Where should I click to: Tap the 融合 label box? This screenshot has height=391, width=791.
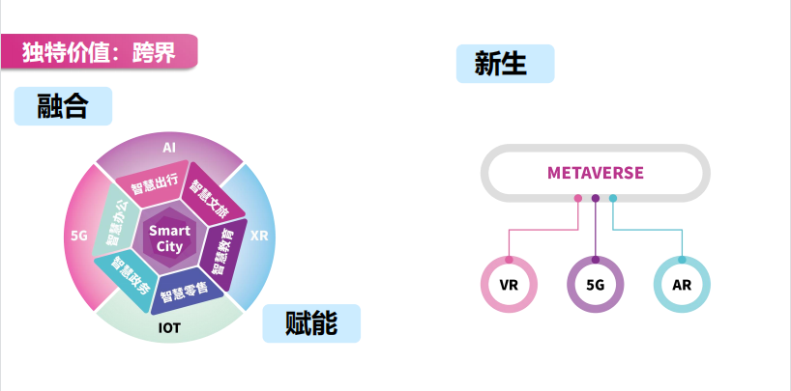pos(63,106)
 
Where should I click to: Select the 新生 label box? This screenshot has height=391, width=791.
pos(505,64)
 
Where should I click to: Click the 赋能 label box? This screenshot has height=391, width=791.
pos(311,323)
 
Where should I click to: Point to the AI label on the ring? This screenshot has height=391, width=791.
pos(169,148)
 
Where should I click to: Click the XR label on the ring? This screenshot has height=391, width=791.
pos(259,235)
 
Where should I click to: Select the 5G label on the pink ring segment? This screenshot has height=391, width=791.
pos(79,235)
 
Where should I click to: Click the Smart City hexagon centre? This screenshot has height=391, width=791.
pos(169,237)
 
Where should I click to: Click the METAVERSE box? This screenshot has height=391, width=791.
pos(595,174)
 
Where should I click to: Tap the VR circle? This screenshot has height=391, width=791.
pos(509,286)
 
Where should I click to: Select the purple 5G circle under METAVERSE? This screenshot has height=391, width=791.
pos(595,286)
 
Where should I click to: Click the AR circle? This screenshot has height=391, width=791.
pos(681,286)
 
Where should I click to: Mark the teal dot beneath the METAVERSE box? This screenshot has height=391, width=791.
pos(612,199)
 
